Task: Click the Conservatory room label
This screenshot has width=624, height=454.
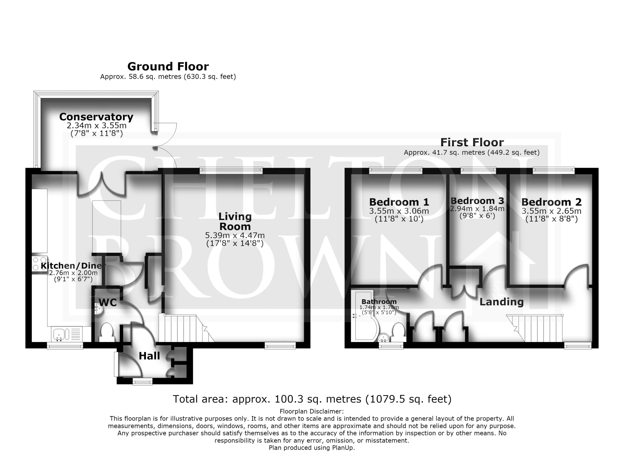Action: (96, 117)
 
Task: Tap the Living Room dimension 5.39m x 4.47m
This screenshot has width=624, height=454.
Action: (235, 236)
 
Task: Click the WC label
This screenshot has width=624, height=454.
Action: (108, 303)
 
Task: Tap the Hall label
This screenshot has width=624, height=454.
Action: (149, 356)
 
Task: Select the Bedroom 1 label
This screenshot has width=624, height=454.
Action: (399, 202)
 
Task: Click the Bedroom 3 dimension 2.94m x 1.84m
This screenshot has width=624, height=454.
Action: (477, 208)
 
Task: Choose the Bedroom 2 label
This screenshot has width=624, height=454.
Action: (551, 202)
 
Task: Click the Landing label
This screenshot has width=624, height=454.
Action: (501, 302)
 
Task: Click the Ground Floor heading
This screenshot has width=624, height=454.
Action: (168, 67)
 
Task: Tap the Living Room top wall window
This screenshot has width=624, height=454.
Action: (231, 171)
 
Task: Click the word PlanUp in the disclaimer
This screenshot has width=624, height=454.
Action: (342, 448)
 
